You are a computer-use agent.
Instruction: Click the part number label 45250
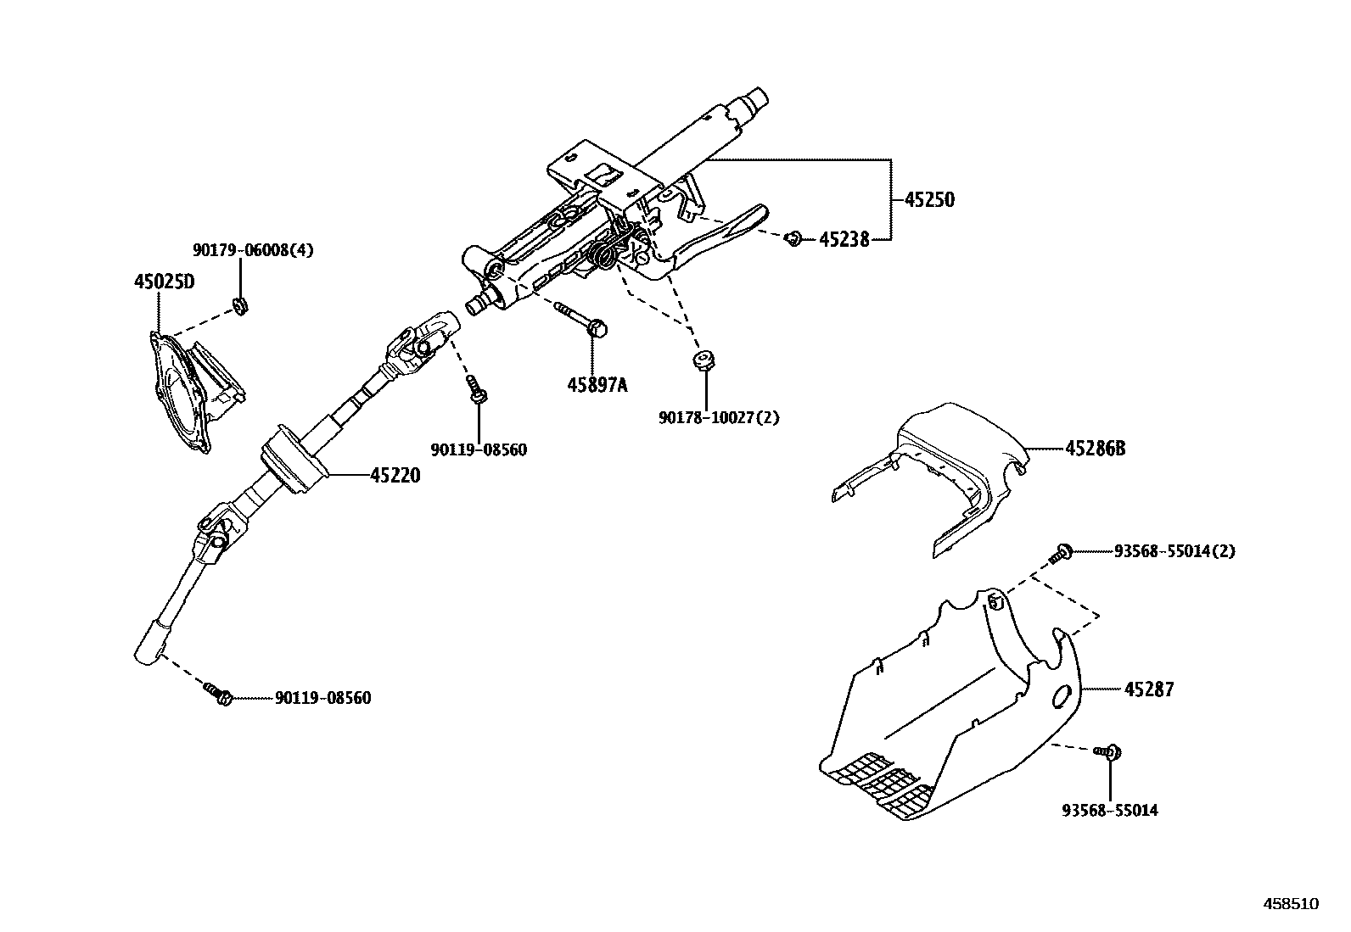coord(929,200)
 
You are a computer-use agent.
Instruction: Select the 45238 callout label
coord(844,240)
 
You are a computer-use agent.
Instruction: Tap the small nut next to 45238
coord(793,238)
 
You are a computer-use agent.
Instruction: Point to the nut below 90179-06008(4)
coord(240,306)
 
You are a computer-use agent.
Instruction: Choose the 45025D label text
coord(164,282)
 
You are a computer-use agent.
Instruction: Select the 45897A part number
coord(597,386)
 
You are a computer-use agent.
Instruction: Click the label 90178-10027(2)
coord(719,417)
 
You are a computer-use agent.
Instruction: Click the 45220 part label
coord(395,477)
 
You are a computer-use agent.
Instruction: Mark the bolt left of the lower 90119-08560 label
coord(219,694)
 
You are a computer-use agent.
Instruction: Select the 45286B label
coord(1095,448)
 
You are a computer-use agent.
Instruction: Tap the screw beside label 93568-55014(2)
coord(1062,553)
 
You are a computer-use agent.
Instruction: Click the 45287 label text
coord(1149,689)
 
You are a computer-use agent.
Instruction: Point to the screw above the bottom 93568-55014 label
coord(1109,751)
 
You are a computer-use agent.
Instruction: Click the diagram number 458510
coord(1292,904)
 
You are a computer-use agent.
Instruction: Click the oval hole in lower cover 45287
coord(1062,697)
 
